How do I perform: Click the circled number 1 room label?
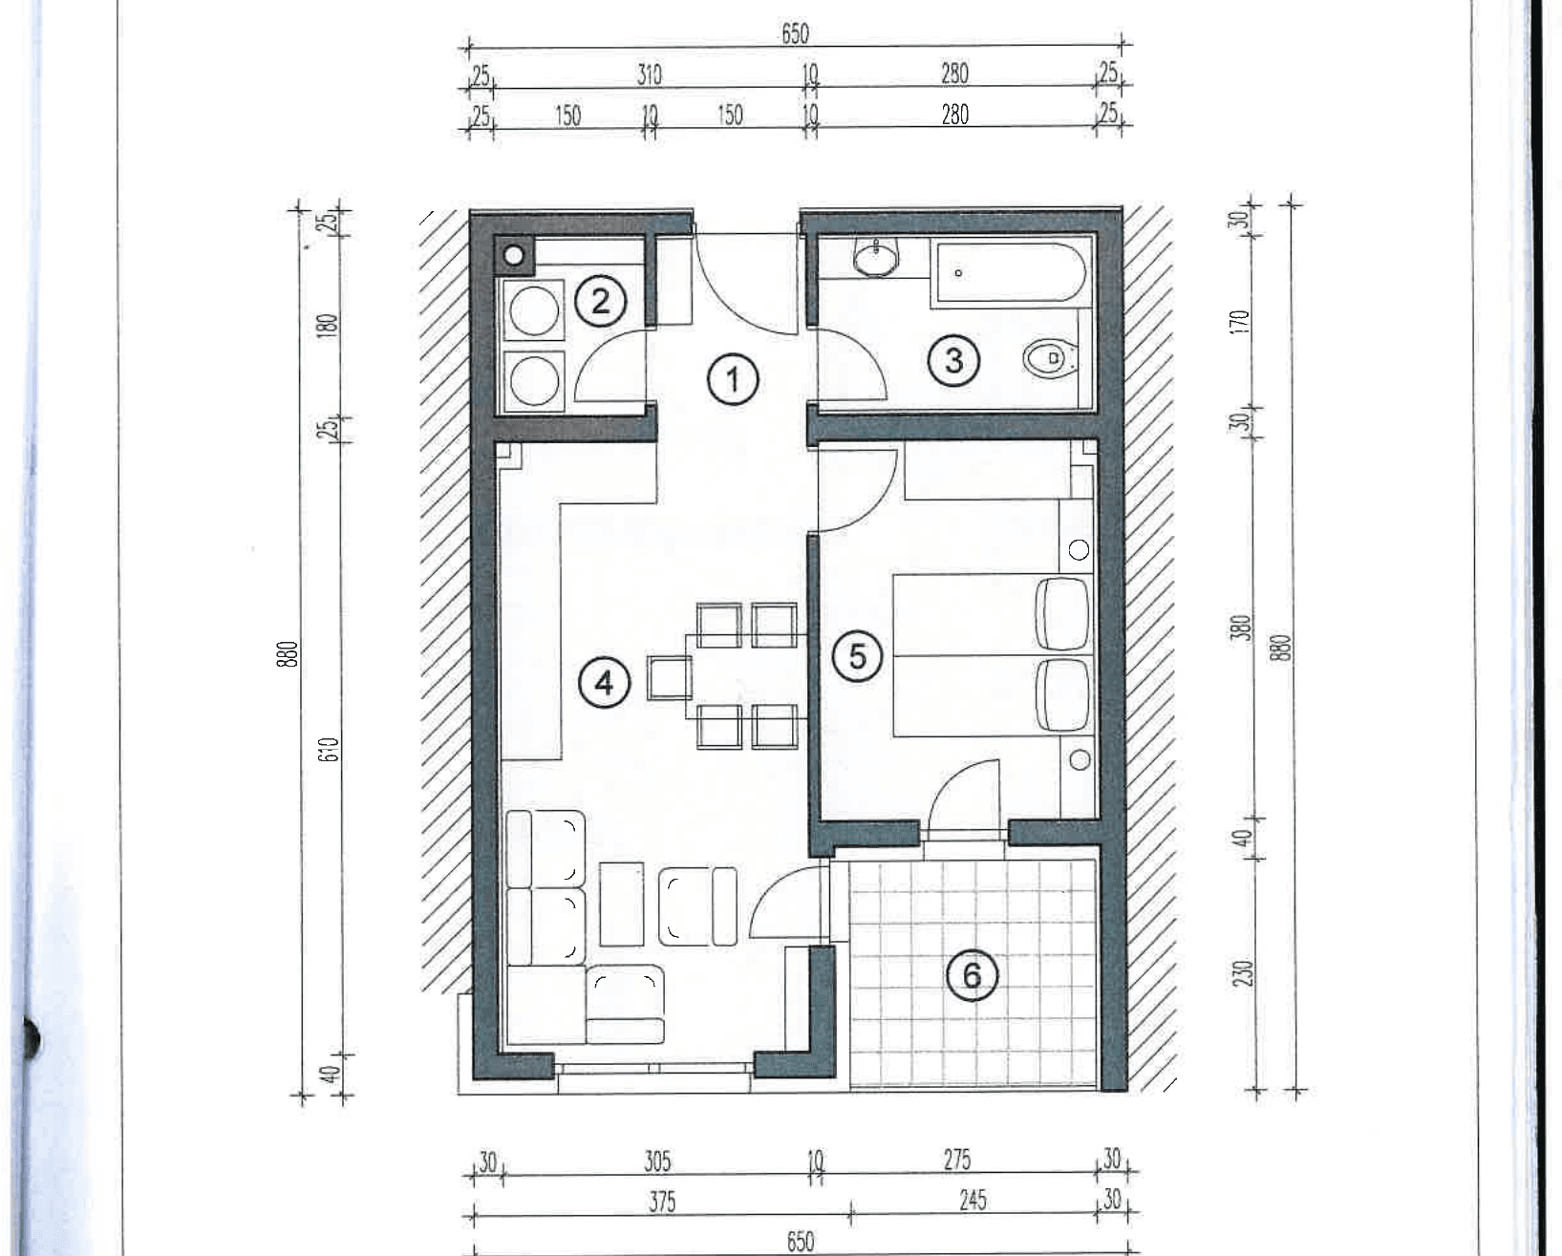(733, 379)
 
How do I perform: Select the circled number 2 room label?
(600, 301)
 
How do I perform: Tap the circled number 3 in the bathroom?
(953, 361)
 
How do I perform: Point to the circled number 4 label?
(604, 683)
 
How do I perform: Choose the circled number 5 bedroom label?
(857, 657)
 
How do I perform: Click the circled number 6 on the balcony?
(972, 975)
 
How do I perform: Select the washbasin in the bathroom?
(876, 257)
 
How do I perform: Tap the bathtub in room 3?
(1011, 272)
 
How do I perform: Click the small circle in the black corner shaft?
(514, 255)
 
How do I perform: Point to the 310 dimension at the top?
(649, 75)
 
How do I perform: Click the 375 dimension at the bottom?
(662, 1202)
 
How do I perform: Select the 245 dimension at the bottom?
(973, 1201)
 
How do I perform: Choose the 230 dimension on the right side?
(1242, 973)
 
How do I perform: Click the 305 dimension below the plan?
(657, 1161)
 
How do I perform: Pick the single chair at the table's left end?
(669, 678)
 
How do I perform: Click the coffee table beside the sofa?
(621, 905)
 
